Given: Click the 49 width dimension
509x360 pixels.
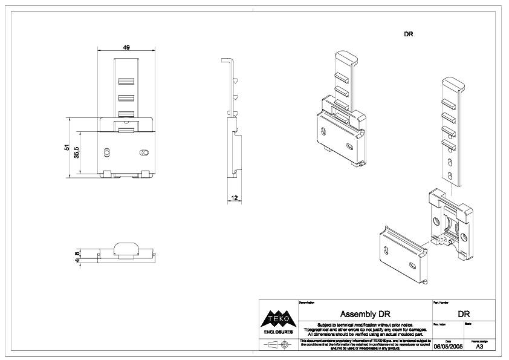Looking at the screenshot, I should pos(127,47).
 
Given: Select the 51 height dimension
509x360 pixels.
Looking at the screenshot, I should pos(67,148).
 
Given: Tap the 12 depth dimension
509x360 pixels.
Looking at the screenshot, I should pos(235,197).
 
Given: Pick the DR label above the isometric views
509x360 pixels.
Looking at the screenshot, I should pos(408,34).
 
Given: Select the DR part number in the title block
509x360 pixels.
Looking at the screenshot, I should pos(464,314).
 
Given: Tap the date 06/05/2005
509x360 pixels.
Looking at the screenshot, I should pos(449,347).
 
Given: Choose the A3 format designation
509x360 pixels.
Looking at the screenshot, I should pos(479,347).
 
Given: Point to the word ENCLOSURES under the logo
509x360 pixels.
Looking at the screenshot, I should pos(277,332).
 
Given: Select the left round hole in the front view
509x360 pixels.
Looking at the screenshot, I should pos(108,152).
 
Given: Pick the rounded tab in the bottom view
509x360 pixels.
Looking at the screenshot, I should pos(126,249).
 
